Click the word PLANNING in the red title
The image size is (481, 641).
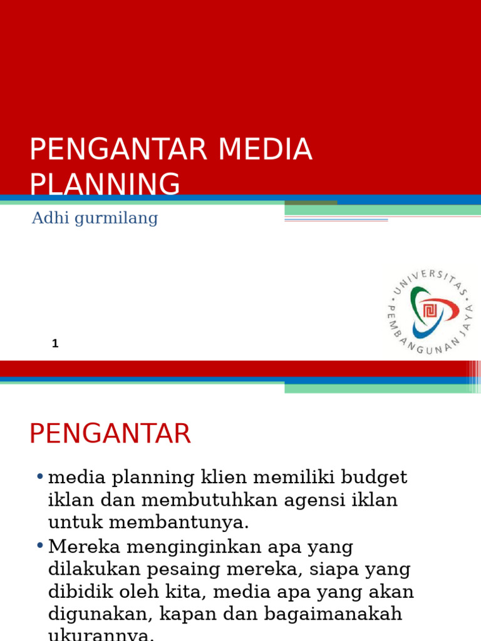pyautogui.click(x=105, y=185)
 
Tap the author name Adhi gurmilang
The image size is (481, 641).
pyautogui.click(x=95, y=218)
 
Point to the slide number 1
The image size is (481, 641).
pyautogui.click(x=55, y=343)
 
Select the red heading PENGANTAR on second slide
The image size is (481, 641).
pyautogui.click(x=110, y=434)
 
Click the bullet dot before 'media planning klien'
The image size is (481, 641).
pyautogui.click(x=39, y=478)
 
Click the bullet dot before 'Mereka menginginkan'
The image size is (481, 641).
pyautogui.click(x=39, y=546)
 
